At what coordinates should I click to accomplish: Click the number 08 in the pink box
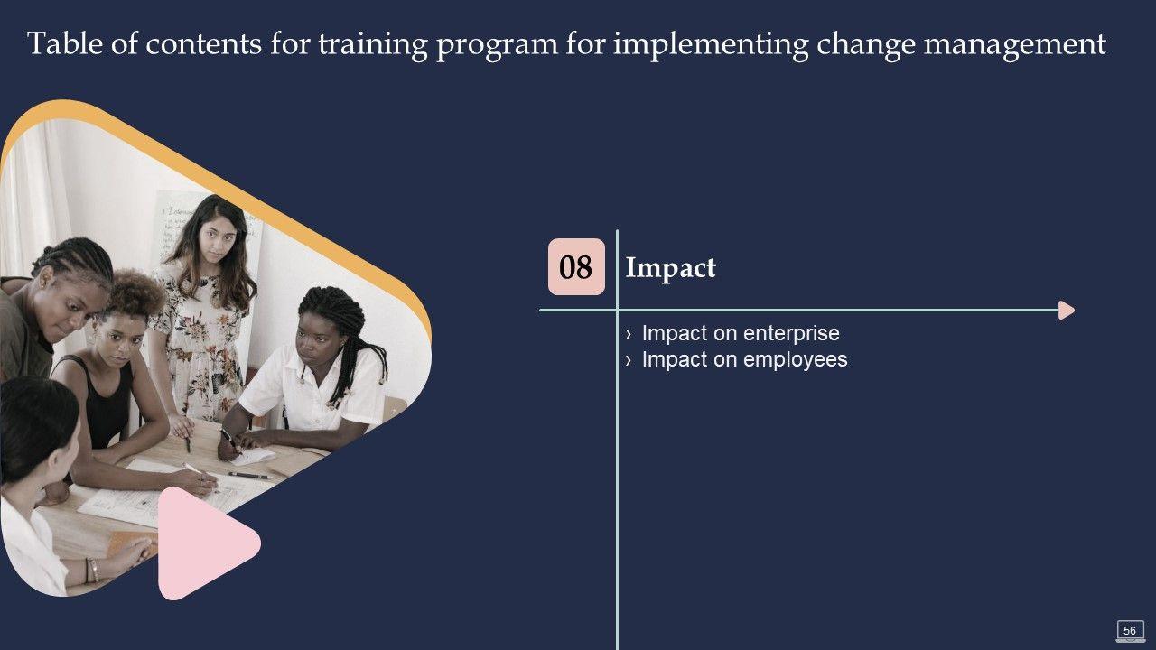point(575,266)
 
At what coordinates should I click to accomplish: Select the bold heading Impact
point(670,268)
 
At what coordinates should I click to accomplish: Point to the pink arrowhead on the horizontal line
point(1066,310)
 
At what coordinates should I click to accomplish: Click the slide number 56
point(1130,630)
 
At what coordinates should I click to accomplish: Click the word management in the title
point(1015,45)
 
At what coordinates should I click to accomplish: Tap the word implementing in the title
point(711,45)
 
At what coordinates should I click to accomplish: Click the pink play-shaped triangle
point(204,543)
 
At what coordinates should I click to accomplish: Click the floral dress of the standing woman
point(201,340)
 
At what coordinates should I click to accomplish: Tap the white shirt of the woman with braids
point(315,387)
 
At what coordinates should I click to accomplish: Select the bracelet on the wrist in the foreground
point(93,570)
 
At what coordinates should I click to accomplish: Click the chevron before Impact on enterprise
point(628,335)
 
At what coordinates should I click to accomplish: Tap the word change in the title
point(865,45)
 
